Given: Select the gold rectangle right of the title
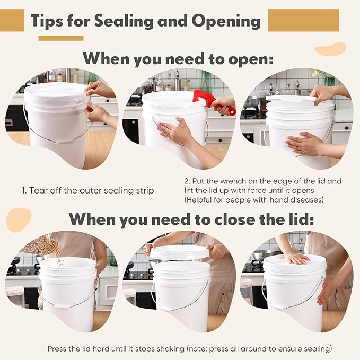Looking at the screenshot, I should pos(303,20).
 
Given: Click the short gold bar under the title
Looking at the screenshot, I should pos(60,38).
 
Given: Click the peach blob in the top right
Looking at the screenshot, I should pos(330,49).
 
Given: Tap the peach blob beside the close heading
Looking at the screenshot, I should pos(18,218).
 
